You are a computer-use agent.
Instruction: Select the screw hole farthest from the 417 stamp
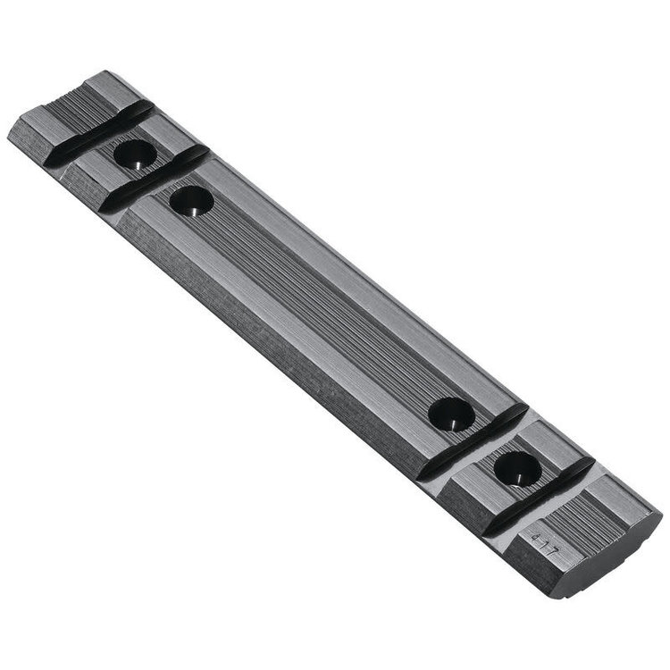pos(134,155)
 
